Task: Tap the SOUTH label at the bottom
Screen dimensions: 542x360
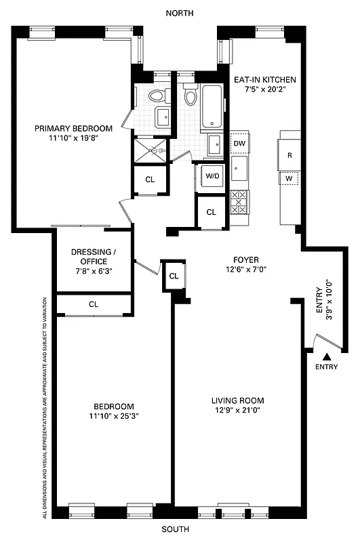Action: (x=179, y=528)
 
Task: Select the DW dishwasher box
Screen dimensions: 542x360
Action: (x=239, y=144)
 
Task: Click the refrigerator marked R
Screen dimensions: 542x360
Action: (x=290, y=155)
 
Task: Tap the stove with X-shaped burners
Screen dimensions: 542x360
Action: (x=239, y=203)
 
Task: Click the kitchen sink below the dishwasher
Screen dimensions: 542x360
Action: (x=239, y=169)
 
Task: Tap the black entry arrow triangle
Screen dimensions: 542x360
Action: (x=327, y=356)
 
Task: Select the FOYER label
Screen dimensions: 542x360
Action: (x=245, y=259)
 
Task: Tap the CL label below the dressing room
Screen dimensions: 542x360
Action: (x=94, y=305)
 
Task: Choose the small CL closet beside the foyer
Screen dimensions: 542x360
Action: (x=174, y=276)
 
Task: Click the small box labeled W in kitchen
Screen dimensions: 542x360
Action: (x=289, y=179)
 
